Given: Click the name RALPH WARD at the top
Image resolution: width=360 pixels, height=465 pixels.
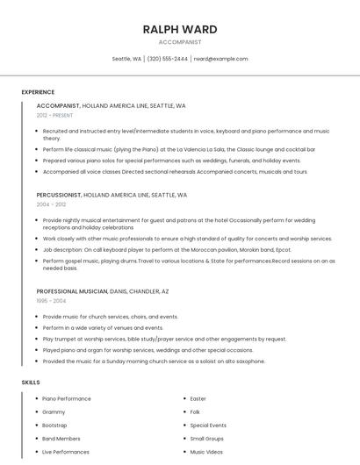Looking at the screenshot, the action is tap(180, 29).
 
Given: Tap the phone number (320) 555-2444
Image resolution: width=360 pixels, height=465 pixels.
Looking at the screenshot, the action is tap(168, 59).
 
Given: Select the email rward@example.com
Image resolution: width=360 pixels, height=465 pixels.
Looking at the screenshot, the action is tap(220, 59).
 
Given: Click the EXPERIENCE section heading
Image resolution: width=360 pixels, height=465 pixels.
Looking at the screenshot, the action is tap(38, 92).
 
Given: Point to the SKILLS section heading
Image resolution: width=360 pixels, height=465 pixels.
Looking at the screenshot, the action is tap(31, 383).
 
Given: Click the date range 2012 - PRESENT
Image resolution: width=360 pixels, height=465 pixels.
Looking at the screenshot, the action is tap(55, 115).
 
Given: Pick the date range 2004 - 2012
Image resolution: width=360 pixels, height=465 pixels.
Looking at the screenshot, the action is tap(51, 204).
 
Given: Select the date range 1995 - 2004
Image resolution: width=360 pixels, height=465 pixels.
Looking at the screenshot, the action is tap(51, 300).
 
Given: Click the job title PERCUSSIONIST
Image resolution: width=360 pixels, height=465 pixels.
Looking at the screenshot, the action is tap(58, 195).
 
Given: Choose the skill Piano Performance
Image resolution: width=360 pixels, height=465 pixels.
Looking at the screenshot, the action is tap(67, 398).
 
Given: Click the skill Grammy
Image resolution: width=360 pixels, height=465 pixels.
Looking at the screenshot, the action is tap(54, 411).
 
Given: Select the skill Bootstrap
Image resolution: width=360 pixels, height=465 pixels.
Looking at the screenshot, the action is tap(54, 425).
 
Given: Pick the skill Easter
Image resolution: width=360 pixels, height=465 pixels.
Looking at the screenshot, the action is tap(198, 398).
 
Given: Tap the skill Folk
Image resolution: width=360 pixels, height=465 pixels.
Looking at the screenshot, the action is tap(196, 411).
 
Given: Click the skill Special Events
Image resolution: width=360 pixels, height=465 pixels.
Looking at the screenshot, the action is tap(208, 425).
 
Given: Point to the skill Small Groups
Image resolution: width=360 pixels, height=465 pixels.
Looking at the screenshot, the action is tap(207, 438).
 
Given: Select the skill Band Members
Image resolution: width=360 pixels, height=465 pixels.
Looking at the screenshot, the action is tap(61, 438).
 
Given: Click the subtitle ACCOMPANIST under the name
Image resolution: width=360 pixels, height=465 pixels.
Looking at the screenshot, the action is tap(180, 41).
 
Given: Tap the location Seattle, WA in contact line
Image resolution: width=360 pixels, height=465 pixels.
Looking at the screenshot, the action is tap(126, 59).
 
